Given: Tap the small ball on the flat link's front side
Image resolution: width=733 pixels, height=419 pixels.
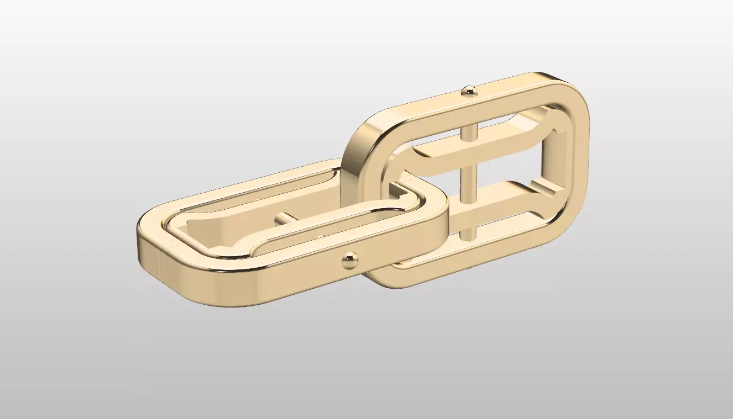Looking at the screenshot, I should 350,259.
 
